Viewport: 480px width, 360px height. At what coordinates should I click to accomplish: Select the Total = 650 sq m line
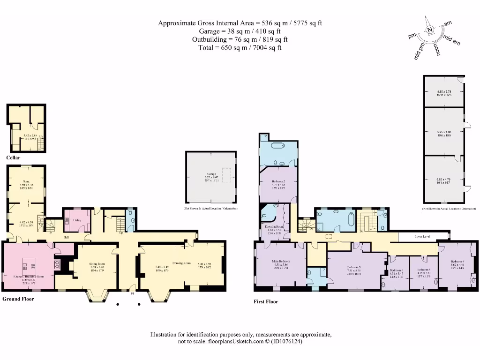240,47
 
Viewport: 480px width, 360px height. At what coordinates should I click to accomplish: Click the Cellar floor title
13,158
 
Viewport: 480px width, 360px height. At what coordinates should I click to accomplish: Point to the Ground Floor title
18,299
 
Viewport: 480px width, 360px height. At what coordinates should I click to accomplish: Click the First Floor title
266,302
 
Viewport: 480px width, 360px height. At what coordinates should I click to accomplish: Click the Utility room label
77,220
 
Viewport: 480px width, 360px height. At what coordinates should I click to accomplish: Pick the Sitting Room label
97,264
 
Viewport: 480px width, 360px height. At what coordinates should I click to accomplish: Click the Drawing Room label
180,263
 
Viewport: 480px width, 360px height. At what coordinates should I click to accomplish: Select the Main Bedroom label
281,261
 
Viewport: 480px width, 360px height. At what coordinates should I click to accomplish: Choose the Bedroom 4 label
457,261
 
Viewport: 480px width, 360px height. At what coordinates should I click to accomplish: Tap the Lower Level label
422,237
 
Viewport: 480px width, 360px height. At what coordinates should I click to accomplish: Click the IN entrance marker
132,294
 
